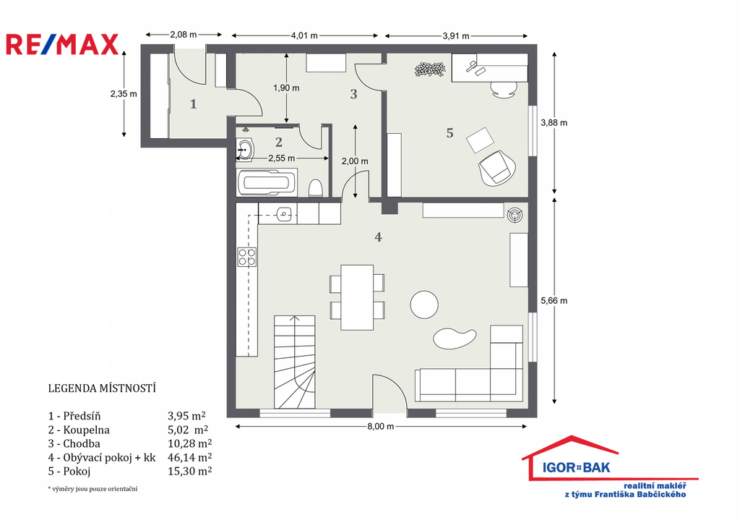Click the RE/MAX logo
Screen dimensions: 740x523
pos(62,44)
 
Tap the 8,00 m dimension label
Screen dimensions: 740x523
pos(380,427)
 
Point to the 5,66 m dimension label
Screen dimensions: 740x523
pos(554,300)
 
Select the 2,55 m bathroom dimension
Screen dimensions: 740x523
pos(282,158)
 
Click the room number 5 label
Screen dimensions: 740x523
pos(449,133)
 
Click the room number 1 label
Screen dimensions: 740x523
pos(193,104)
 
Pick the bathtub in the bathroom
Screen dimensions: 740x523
pos(267,182)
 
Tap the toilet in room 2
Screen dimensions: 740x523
pos(316,188)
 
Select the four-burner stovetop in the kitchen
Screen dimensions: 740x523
pos(247,257)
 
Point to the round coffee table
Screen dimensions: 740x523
pos(424,305)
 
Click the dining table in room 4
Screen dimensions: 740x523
pos(357,297)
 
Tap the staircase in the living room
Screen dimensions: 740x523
pos(295,362)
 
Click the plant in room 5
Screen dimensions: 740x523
pos(430,69)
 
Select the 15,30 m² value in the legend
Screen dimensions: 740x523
pos(190,471)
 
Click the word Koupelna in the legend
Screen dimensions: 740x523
pos(87,430)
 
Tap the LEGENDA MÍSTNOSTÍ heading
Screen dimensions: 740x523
pos(102,388)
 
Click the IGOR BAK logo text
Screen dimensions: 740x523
pos(576,468)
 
